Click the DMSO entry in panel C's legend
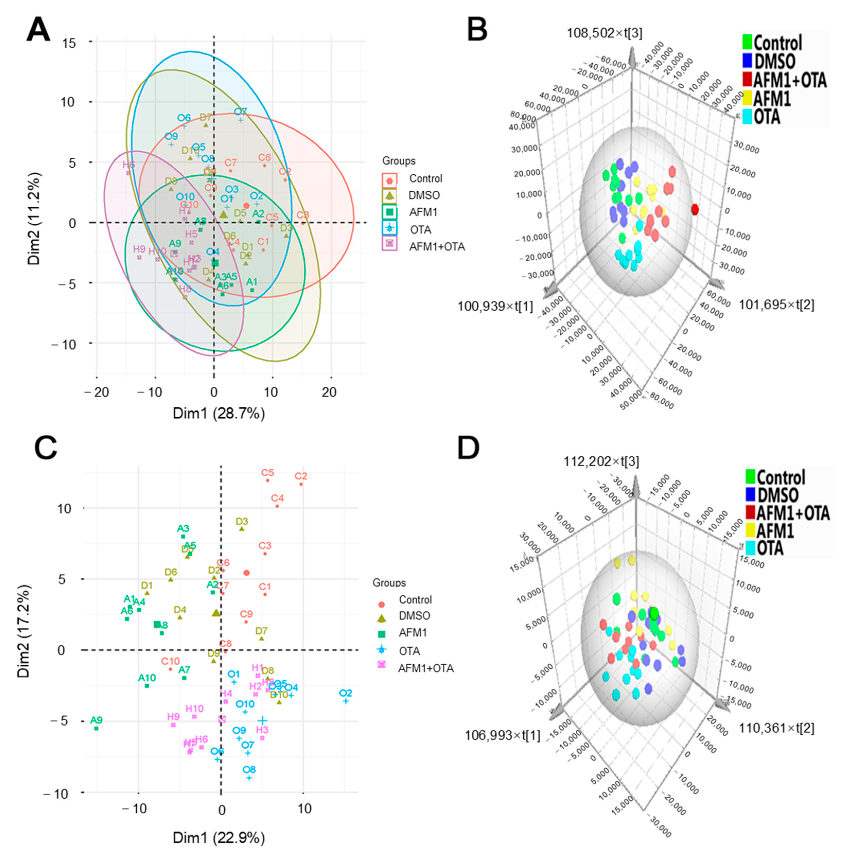[414, 615]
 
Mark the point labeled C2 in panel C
[301, 484]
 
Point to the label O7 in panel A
[241, 112]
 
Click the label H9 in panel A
[139, 249]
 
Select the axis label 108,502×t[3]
[604, 33]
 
